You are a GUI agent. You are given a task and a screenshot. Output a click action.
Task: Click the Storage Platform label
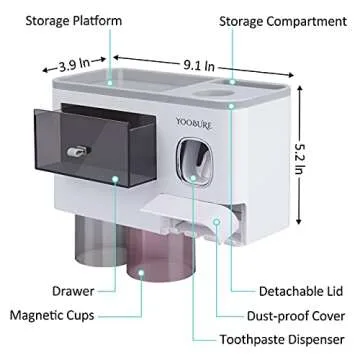click(62, 19)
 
